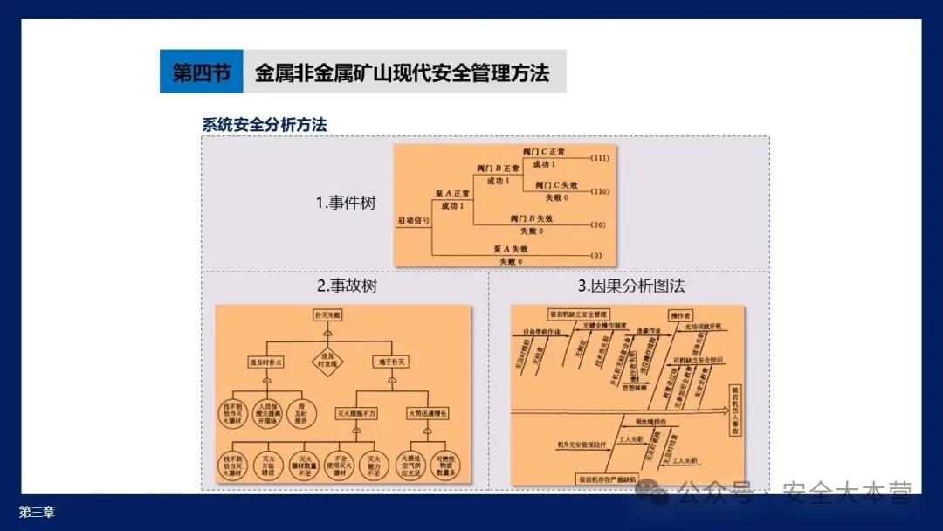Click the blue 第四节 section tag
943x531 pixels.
coord(200,72)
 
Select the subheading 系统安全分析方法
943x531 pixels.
coord(265,125)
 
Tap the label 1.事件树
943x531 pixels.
coord(346,203)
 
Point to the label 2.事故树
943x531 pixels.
coord(347,286)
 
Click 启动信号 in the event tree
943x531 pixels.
coord(413,220)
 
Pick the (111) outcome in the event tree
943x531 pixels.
coord(599,158)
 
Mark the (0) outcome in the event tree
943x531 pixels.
coord(597,255)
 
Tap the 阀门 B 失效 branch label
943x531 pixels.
coord(532,218)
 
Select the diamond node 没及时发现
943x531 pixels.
coord(328,361)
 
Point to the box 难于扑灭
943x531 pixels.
coord(390,361)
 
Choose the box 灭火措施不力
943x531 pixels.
coord(357,411)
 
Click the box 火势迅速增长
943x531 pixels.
coord(426,411)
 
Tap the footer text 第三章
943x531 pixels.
coord(37,513)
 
